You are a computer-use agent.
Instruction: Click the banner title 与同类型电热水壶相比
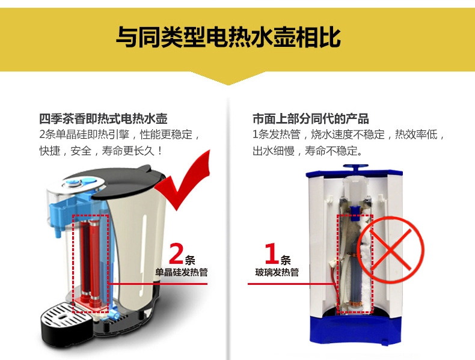(x=228, y=37)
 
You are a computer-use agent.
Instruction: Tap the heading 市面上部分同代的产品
(x=311, y=118)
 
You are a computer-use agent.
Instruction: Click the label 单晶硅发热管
(x=182, y=272)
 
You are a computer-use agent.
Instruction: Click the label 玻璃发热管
(x=277, y=272)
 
